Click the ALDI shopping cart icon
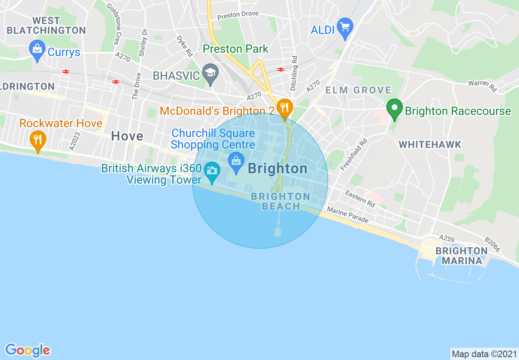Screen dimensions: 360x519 (x=345, y=27)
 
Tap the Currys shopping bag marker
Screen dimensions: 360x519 (x=37, y=50)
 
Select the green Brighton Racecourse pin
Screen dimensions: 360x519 (x=395, y=109)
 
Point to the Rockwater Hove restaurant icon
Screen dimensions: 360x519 (x=38, y=140)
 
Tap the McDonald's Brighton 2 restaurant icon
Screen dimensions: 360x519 (x=284, y=108)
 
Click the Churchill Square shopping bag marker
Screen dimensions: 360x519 (x=236, y=161)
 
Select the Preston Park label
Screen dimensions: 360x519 (x=236, y=49)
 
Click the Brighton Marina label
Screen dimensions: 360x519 (x=461, y=256)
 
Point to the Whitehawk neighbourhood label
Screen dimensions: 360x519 (x=430, y=144)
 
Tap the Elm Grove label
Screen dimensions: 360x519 (x=358, y=90)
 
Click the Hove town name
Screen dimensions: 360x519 (x=127, y=136)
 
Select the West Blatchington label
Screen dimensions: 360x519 (x=46, y=25)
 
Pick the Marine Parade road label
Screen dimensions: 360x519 (x=348, y=215)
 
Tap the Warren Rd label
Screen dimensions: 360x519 (x=482, y=85)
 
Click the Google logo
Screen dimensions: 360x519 (x=27, y=350)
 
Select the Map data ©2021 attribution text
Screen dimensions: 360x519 (x=483, y=353)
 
